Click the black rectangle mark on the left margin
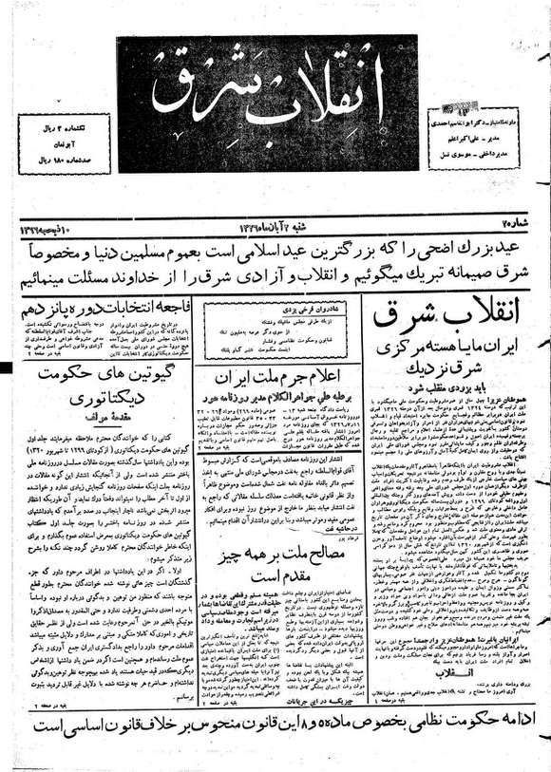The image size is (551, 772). tap(6, 367)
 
